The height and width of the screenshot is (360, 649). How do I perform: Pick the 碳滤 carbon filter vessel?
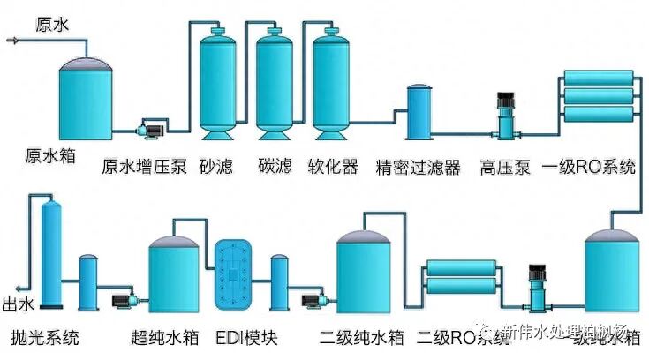pos(274,84)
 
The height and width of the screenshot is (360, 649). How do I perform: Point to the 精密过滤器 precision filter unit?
pos(418,112)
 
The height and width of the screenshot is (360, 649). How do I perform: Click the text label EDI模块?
pos(240,338)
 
